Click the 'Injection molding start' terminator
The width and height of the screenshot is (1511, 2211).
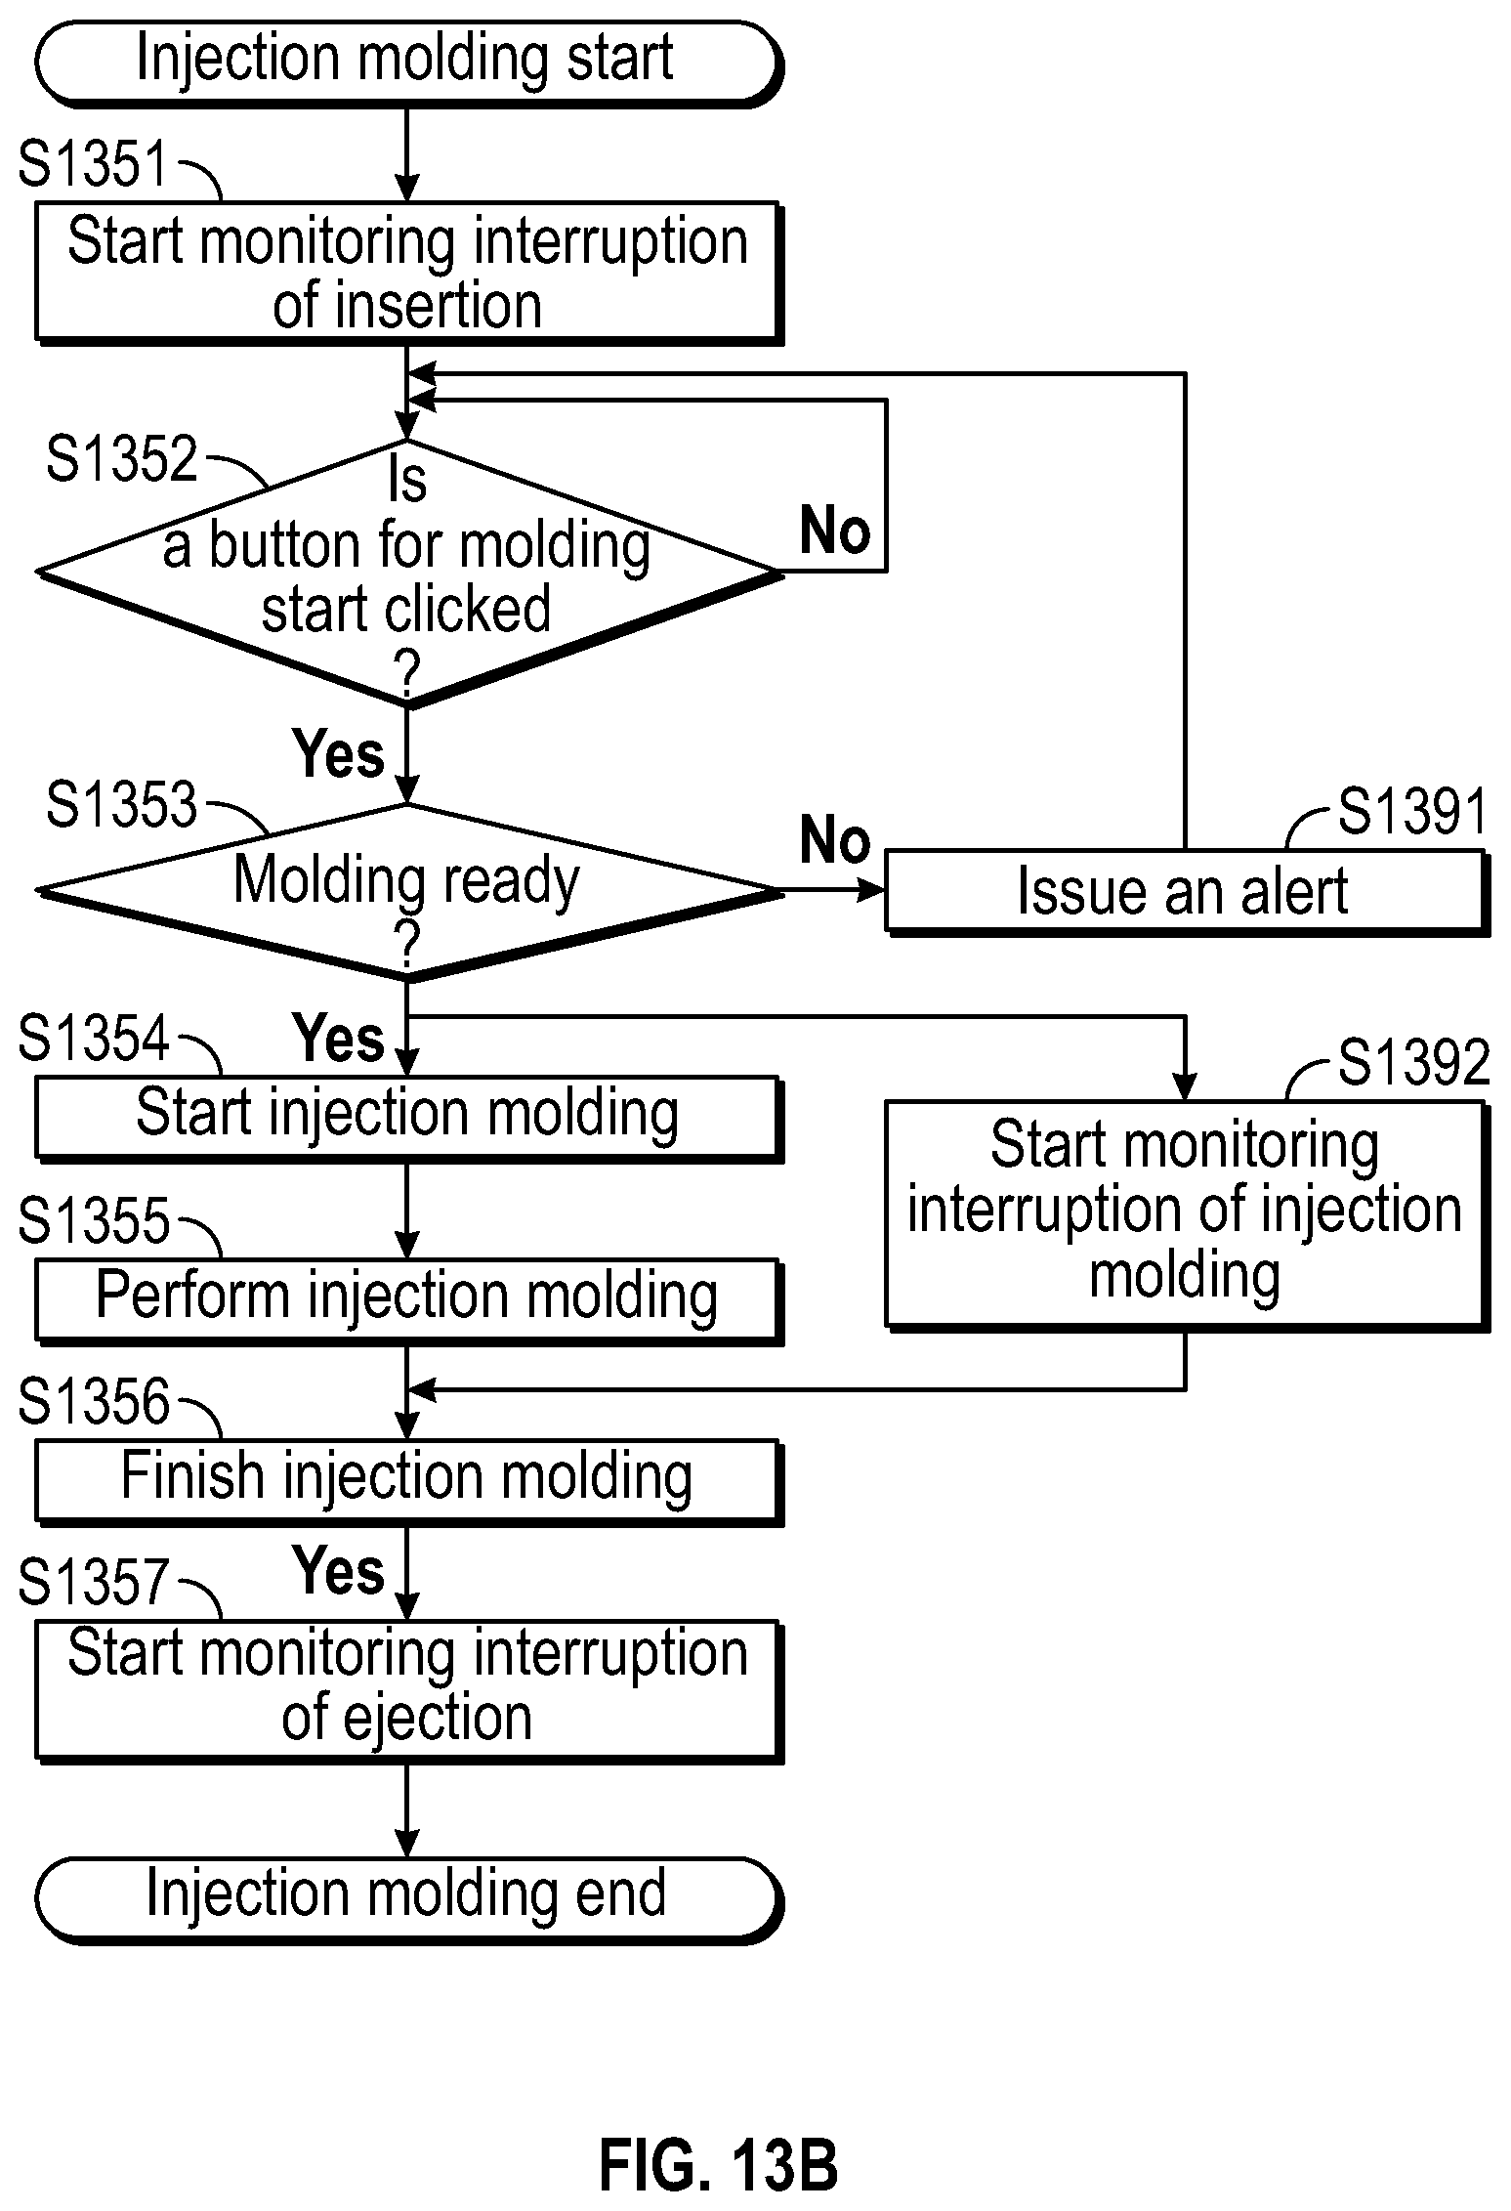pyautogui.click(x=408, y=63)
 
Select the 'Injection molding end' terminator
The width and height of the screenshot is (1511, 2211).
pyautogui.click(x=408, y=1894)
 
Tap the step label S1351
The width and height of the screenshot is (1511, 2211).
pyautogui.click(x=94, y=163)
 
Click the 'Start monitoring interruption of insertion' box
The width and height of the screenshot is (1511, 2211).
pyautogui.click(x=408, y=273)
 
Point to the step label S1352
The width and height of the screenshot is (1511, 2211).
pyautogui.click(x=122, y=458)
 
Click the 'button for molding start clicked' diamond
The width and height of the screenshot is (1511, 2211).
pyautogui.click(x=408, y=573)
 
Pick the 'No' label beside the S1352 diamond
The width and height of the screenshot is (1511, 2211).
pyautogui.click(x=835, y=531)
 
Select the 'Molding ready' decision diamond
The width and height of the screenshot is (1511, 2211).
pyautogui.click(x=408, y=891)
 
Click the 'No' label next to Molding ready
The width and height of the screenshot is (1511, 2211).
pyautogui.click(x=835, y=839)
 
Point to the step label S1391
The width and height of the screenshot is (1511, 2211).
pyautogui.click(x=1412, y=811)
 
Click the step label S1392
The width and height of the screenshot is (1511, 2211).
pyautogui.click(x=1413, y=1062)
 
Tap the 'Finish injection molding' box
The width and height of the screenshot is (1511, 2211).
pyautogui.click(x=408, y=1482)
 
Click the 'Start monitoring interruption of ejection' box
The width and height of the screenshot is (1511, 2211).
pyautogui.click(x=408, y=1691)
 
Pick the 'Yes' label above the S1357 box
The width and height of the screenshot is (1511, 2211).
pyautogui.click(x=339, y=1570)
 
